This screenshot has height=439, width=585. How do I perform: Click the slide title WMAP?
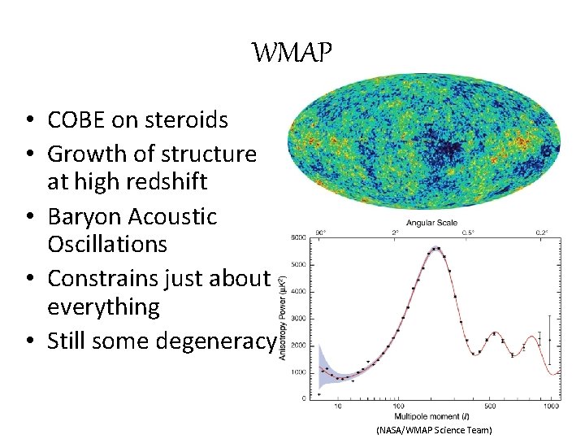(x=292, y=54)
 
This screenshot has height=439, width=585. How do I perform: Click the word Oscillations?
(x=107, y=245)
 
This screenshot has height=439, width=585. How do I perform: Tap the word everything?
(x=103, y=306)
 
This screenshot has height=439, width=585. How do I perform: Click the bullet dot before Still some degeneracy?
(x=28, y=341)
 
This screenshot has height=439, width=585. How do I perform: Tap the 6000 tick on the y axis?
(x=300, y=238)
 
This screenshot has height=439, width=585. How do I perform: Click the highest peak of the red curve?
(x=437, y=249)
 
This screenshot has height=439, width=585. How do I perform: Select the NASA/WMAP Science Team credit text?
(x=434, y=429)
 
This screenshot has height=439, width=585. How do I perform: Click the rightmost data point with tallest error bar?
(x=550, y=339)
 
